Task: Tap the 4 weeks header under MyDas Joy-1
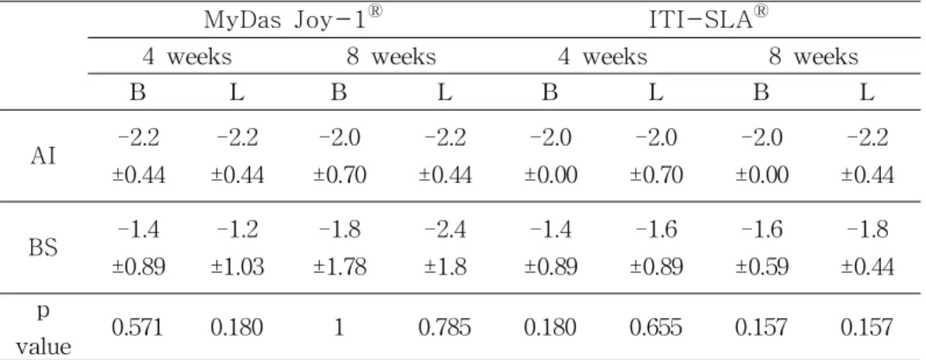click(187, 57)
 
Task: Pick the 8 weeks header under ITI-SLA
click(813, 57)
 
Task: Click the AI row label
click(44, 157)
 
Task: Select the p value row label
click(43, 329)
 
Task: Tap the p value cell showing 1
click(339, 327)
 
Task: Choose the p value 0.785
click(445, 327)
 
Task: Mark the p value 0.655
click(656, 327)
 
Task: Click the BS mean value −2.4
click(445, 230)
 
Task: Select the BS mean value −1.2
click(237, 230)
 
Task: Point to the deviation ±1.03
click(237, 267)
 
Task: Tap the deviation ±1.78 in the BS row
click(339, 267)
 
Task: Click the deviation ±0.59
click(761, 267)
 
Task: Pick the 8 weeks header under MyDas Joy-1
click(391, 57)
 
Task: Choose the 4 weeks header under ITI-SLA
click(602, 57)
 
